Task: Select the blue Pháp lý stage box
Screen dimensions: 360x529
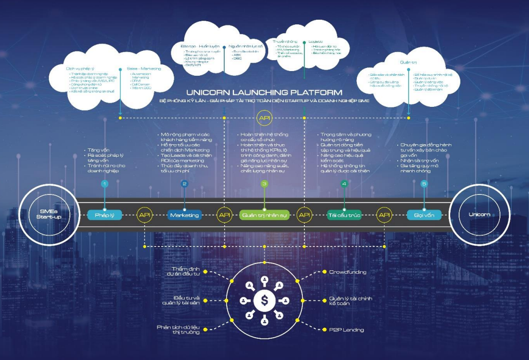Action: [105, 215]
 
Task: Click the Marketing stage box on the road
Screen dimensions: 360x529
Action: [185, 215]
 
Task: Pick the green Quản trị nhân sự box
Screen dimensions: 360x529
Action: [264, 215]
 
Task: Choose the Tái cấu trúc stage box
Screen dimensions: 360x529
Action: [344, 215]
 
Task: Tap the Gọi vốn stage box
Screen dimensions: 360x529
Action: [424, 215]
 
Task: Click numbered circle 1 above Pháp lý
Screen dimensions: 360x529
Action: [105, 184]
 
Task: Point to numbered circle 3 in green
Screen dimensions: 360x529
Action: [264, 184]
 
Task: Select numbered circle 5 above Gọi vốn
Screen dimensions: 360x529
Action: [424, 184]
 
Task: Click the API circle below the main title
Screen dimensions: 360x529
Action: [264, 118]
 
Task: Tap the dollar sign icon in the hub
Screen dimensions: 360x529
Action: [265, 300]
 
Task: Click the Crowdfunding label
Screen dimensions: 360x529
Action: [347, 272]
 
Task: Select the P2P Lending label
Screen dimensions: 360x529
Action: [346, 330]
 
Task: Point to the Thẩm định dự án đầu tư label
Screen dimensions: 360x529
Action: [186, 272]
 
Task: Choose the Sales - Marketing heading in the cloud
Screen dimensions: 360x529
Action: [144, 68]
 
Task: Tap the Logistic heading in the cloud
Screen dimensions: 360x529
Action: [316, 41]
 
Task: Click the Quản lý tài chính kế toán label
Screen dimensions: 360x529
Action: [351, 301]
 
